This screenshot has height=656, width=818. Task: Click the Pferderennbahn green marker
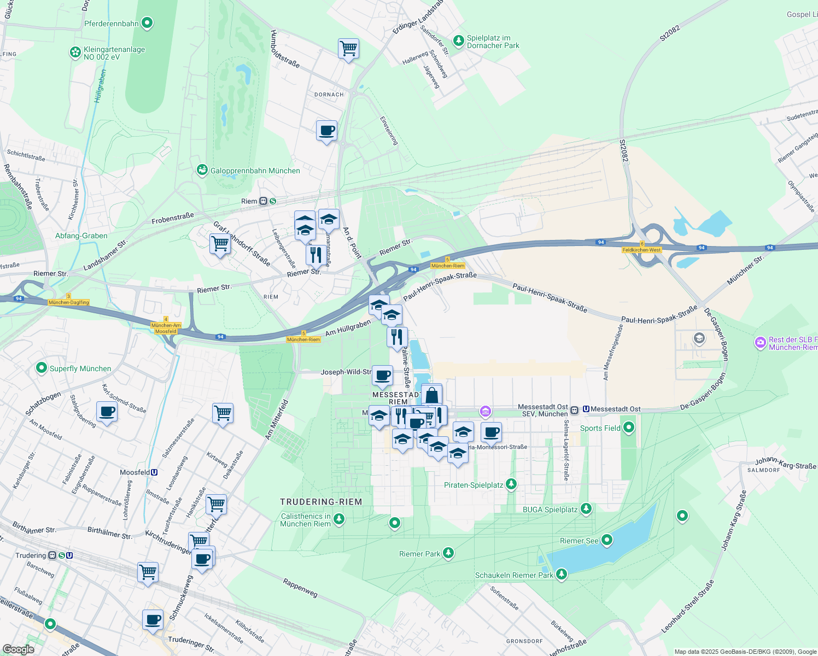[147, 23]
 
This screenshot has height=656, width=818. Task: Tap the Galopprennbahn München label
[255, 171]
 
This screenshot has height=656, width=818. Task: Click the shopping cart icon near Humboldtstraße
[348, 49]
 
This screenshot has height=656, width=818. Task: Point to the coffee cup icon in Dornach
[326, 131]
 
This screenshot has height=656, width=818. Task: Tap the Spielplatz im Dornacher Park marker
[458, 41]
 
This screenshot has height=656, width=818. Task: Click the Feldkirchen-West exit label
[642, 250]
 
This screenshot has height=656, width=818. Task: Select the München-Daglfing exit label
[68, 302]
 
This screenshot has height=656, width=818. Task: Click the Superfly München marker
[42, 368]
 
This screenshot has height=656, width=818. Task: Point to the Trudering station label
[31, 555]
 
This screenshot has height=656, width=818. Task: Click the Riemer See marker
[606, 541]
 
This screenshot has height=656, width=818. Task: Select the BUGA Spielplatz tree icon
[586, 509]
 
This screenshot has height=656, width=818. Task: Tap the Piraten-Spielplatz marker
[511, 484]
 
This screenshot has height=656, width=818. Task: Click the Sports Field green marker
[629, 427]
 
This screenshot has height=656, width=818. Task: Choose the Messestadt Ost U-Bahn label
[615, 409]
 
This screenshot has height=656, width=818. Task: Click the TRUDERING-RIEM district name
[321, 502]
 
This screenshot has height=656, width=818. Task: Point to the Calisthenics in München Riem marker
[339, 519]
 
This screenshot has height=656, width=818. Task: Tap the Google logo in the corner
[18, 649]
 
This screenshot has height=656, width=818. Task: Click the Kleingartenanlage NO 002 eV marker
[75, 52]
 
